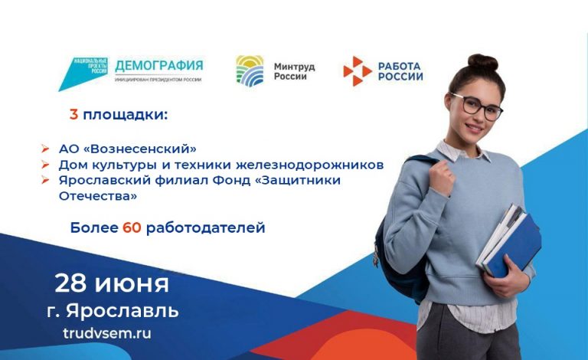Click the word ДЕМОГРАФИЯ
tap(159, 66)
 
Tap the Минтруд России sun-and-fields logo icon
tap(250, 71)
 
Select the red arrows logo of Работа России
tap(357, 71)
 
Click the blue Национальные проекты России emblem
tap(83, 74)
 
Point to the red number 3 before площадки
tap(73, 114)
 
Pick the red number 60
tap(132, 227)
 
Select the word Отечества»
tap(98, 196)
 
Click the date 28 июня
tap(112, 283)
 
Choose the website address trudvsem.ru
tap(107, 333)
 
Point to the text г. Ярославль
tap(113, 311)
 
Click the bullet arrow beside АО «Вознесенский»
tap(45, 149)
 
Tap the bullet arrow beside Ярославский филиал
tap(45, 180)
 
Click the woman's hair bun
tap(483, 62)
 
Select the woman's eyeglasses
tap(477, 106)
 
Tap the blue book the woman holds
tap(514, 246)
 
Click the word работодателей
tap(205, 227)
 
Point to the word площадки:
tap(125, 115)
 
